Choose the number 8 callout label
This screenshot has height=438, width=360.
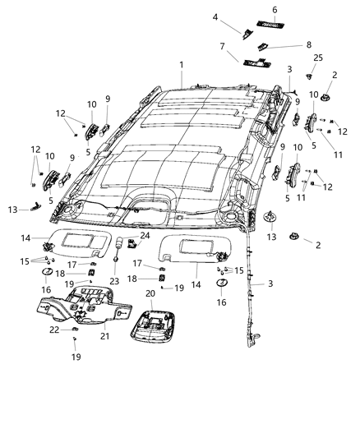pos(285,45)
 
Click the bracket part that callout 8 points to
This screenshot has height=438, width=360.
pos(261,46)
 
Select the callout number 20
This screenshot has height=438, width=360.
pos(150,293)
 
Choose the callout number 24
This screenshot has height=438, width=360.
pos(145,236)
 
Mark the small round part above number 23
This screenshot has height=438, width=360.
pos(117,260)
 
